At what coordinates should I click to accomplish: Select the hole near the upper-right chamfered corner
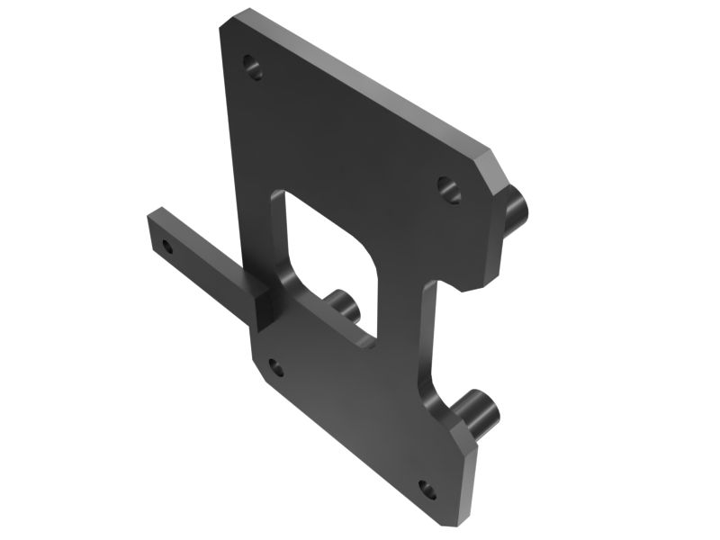pos(448,187)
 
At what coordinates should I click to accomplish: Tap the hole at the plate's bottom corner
pos(427,490)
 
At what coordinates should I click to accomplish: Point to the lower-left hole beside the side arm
pos(276,367)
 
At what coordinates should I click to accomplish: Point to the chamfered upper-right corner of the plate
pos(493,166)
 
